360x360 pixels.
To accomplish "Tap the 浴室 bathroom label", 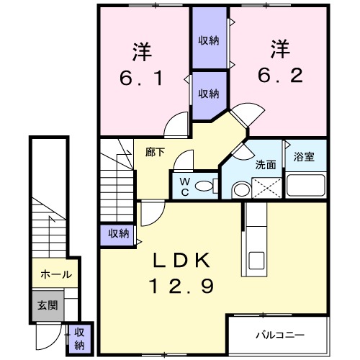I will (304, 158).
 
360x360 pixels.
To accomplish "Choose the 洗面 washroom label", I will (266, 164).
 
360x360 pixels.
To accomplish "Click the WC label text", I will (184, 186).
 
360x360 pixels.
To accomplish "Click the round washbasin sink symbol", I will (240, 189).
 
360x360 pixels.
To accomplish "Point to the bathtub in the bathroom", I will (307, 186).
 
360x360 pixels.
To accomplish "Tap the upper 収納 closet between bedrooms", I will (209, 40).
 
